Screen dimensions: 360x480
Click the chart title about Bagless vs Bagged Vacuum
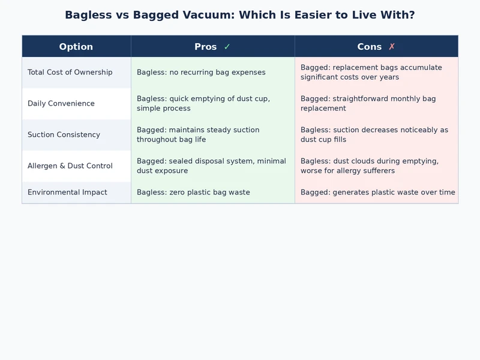[x=240, y=15]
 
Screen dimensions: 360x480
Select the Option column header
[x=76, y=47]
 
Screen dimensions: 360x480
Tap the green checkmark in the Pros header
[x=227, y=47]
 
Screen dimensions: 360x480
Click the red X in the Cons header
[x=392, y=47]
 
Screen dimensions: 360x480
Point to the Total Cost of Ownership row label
[x=70, y=73]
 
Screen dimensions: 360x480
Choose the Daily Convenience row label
[x=61, y=104]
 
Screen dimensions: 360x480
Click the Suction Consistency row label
[x=64, y=135]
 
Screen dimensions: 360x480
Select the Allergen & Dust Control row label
[x=70, y=166]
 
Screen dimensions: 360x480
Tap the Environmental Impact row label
[x=67, y=193]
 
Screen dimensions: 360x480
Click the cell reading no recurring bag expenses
[x=201, y=73]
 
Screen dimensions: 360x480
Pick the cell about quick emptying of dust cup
[x=203, y=104]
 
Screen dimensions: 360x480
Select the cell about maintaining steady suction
[x=198, y=135]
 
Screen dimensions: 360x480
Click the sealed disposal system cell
[x=211, y=166]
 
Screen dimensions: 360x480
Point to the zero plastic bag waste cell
[x=193, y=193]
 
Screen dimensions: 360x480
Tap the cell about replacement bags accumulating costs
[x=371, y=73]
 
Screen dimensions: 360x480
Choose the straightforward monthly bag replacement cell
[x=368, y=104]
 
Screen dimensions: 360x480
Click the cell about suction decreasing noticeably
[x=374, y=135]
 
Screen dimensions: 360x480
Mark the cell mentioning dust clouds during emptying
[x=370, y=166]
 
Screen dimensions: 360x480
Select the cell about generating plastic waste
[x=377, y=193]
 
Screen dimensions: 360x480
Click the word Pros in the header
[x=206, y=47]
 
